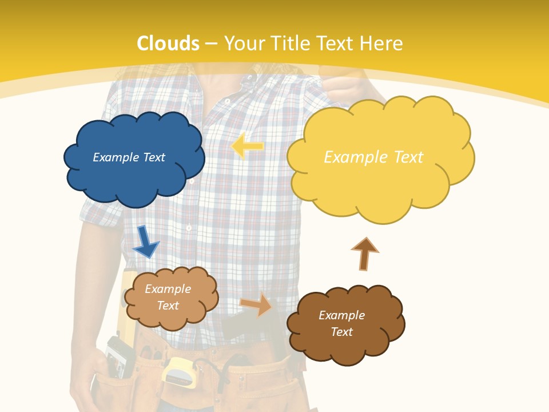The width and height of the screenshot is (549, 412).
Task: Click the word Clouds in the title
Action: [168, 43]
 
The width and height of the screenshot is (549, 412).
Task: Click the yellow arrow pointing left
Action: [248, 146]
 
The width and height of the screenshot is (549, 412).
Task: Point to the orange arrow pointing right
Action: [256, 304]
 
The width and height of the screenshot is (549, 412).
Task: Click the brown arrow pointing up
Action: [364, 253]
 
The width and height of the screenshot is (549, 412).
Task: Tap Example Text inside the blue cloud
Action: [129, 157]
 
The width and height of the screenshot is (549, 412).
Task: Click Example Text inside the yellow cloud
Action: [373, 157]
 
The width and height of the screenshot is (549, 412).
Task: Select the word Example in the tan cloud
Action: [168, 289]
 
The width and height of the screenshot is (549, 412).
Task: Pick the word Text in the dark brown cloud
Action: [341, 332]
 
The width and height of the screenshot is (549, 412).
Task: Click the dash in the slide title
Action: [212, 43]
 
